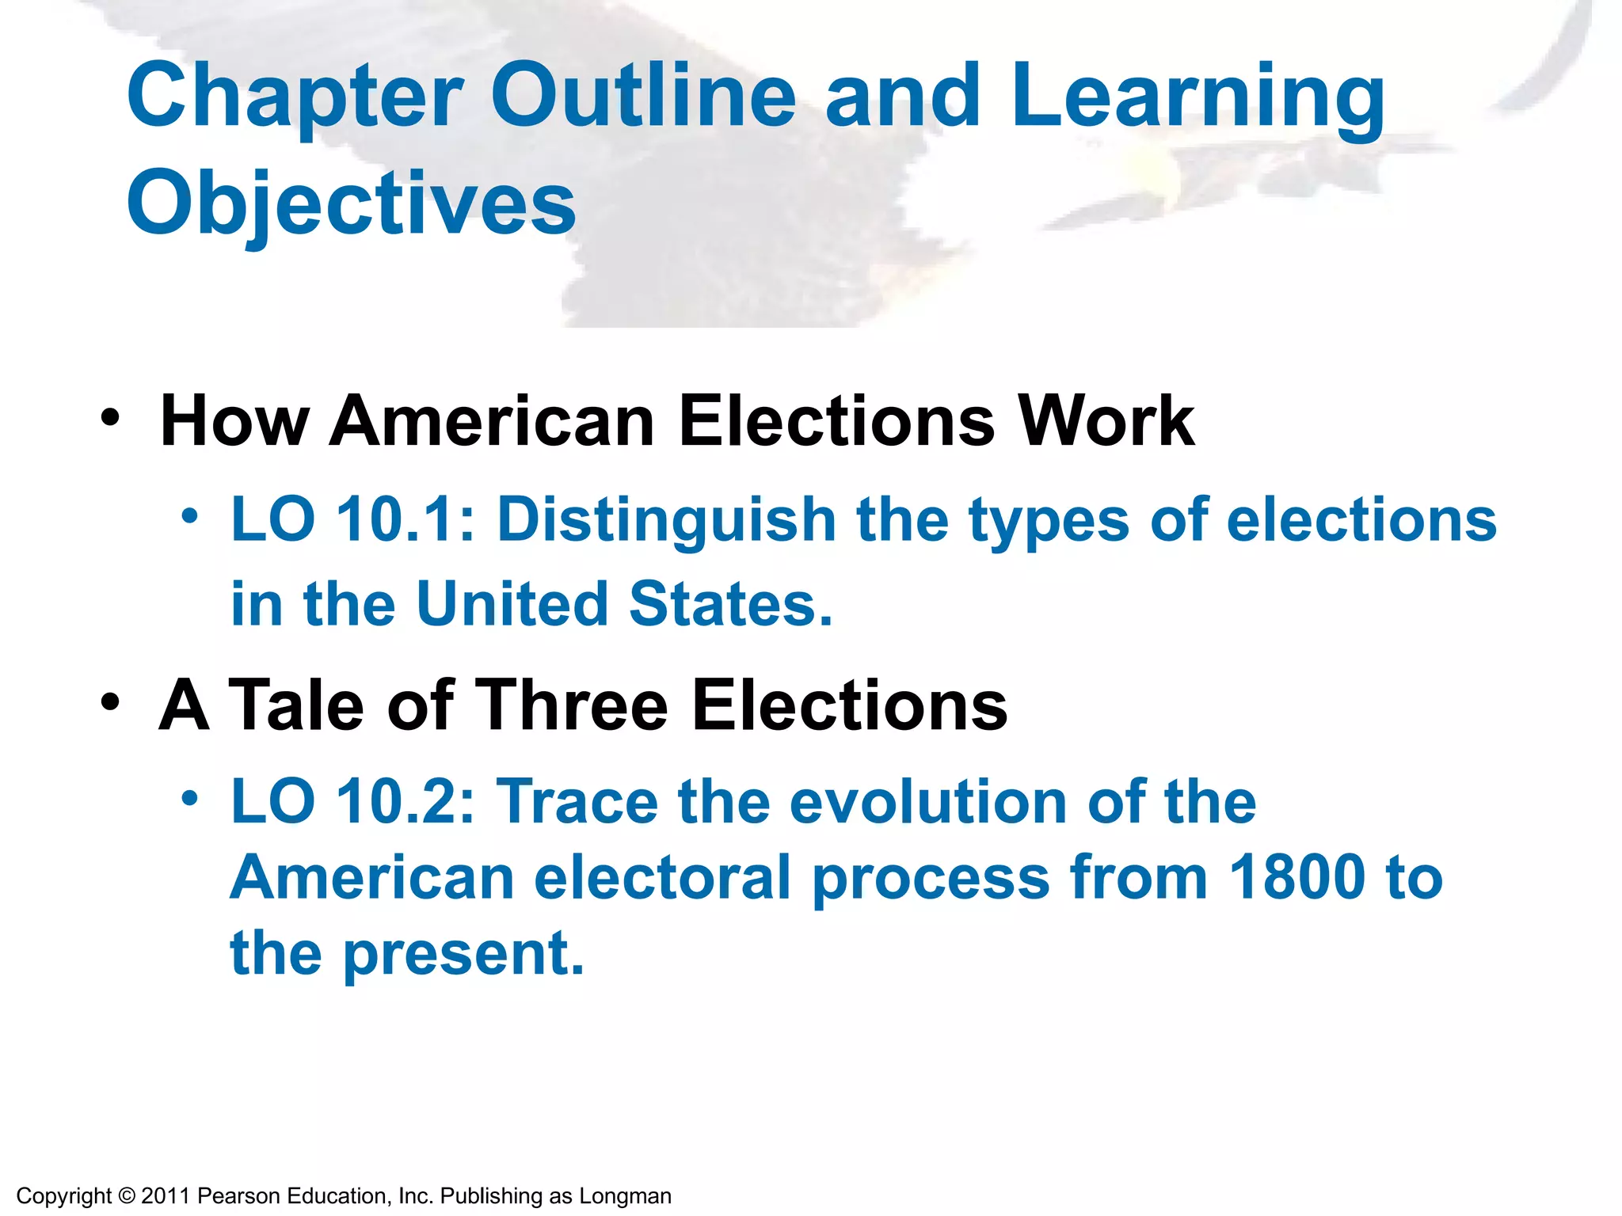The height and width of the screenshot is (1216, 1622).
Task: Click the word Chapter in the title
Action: click(x=295, y=97)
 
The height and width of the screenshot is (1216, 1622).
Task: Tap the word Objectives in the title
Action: click(x=351, y=204)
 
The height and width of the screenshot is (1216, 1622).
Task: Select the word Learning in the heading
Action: click(x=1197, y=97)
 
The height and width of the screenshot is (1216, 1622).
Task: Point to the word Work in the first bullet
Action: click(x=1106, y=421)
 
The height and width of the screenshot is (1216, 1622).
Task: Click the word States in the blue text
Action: click(x=730, y=604)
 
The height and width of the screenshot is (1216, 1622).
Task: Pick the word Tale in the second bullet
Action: click(x=297, y=705)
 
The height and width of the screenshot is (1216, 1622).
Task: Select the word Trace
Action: click(x=577, y=802)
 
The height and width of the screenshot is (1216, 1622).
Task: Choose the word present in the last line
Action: click(x=463, y=955)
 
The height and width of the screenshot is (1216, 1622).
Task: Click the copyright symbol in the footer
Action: click(x=126, y=1195)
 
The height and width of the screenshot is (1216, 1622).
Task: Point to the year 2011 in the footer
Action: click(x=166, y=1195)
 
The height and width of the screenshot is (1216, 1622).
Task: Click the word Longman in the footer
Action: click(x=625, y=1196)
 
